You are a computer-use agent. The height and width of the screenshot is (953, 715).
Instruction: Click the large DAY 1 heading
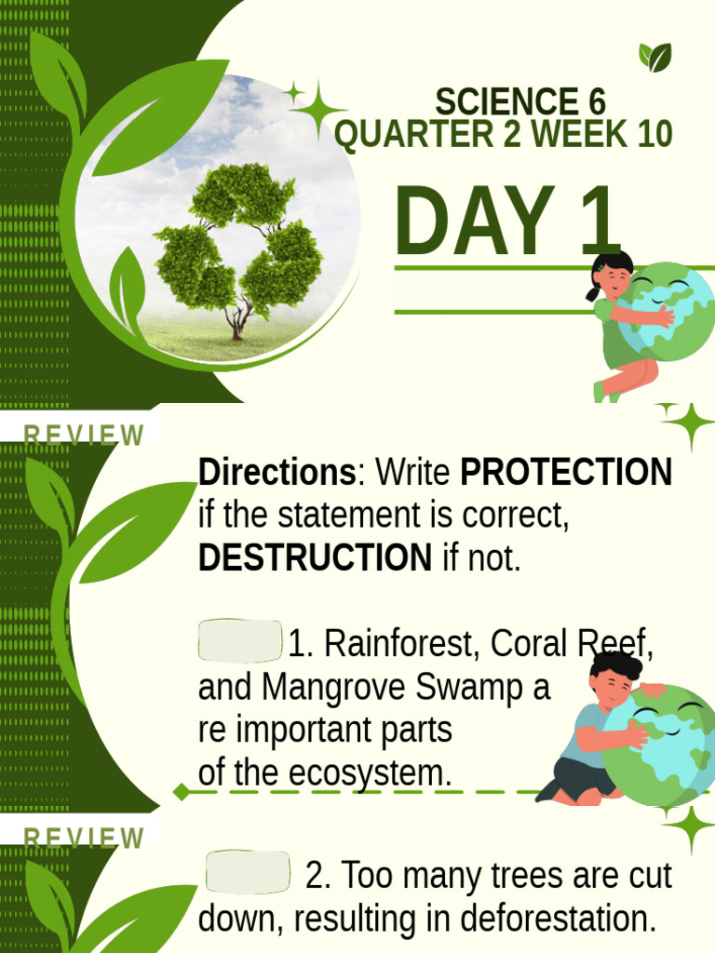tap(507, 223)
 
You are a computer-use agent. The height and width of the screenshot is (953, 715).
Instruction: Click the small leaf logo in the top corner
tap(654, 58)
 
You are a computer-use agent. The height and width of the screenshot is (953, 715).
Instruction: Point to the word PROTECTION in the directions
tap(566, 473)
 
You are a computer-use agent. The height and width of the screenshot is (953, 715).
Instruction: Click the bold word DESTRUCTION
tap(315, 558)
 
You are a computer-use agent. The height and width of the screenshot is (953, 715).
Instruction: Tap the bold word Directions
tap(277, 473)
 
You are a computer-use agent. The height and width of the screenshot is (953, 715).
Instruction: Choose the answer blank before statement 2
tap(248, 872)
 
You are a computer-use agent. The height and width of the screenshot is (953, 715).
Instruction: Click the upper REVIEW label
tap(84, 436)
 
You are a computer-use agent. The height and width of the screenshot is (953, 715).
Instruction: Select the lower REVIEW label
tap(84, 838)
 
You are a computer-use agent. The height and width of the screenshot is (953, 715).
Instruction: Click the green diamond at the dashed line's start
tap(181, 792)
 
